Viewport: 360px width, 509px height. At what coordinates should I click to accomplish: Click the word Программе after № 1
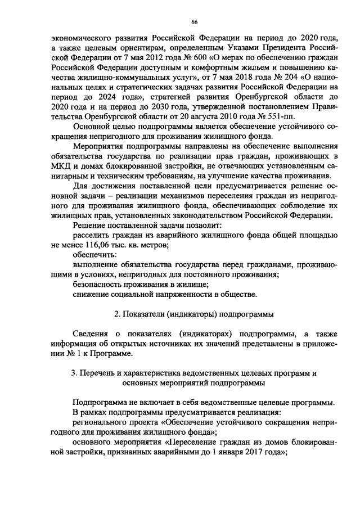(115, 353)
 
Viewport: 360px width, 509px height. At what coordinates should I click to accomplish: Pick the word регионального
(102, 422)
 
